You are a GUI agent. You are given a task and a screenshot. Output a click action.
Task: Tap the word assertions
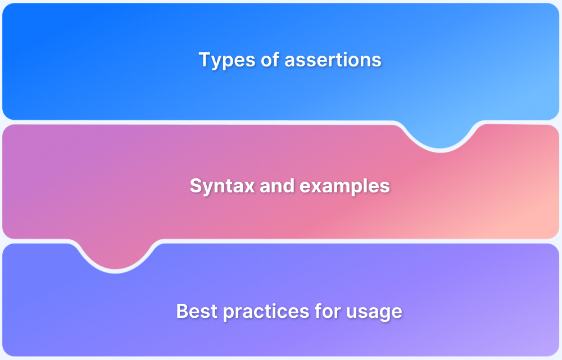[333, 60]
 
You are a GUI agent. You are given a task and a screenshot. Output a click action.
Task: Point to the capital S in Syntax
[196, 186]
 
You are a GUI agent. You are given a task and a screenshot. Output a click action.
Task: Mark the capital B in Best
[182, 311]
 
